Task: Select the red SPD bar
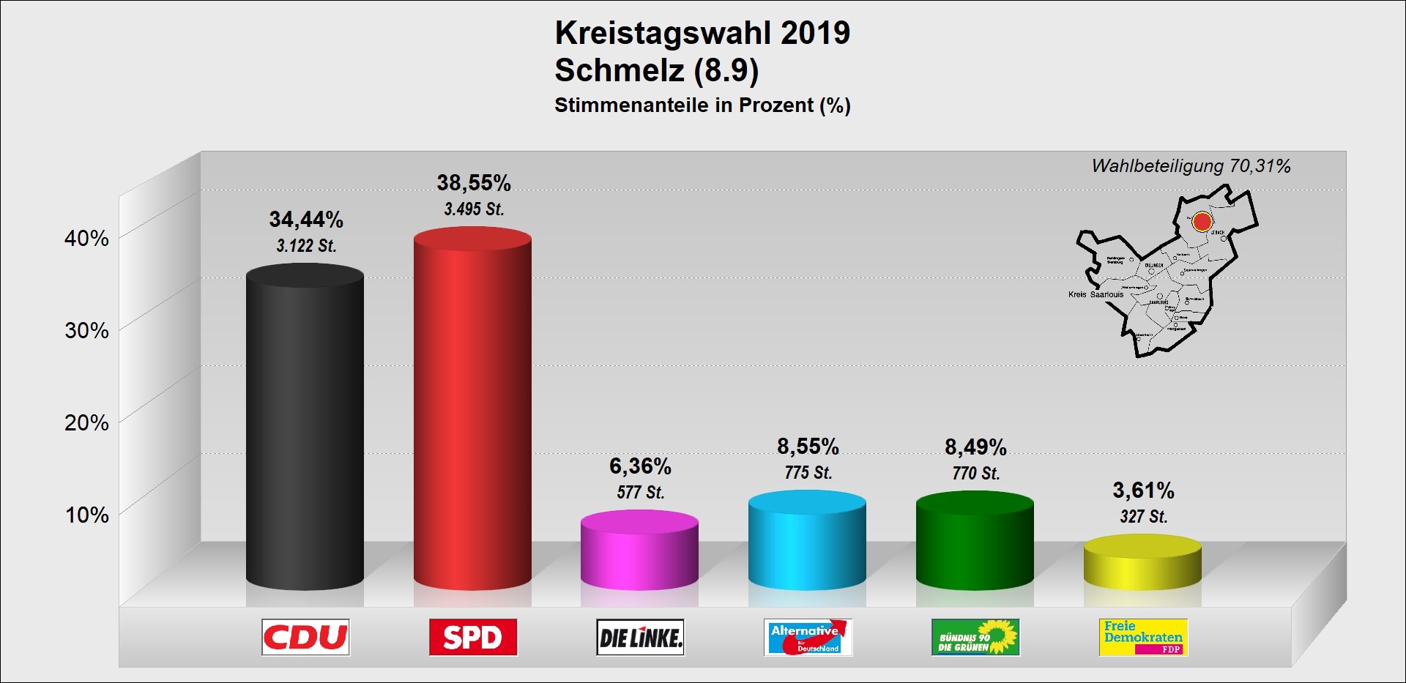(x=472, y=410)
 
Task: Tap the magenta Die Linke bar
(x=639, y=553)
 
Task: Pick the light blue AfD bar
(x=807, y=542)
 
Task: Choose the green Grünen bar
(x=975, y=542)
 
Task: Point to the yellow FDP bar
(x=1142, y=564)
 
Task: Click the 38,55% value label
(x=474, y=183)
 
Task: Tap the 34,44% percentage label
(x=306, y=220)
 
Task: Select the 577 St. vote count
(x=640, y=492)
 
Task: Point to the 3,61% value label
(x=1143, y=490)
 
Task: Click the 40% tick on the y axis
(x=86, y=238)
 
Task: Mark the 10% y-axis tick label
(x=86, y=515)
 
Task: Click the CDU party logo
(x=305, y=637)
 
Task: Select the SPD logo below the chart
(x=473, y=637)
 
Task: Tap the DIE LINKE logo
(x=640, y=637)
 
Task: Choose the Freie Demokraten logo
(x=1142, y=637)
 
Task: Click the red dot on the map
(x=1202, y=221)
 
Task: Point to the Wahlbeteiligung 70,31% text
(x=1191, y=166)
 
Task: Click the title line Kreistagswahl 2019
(x=702, y=33)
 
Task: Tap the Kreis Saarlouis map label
(x=1096, y=294)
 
